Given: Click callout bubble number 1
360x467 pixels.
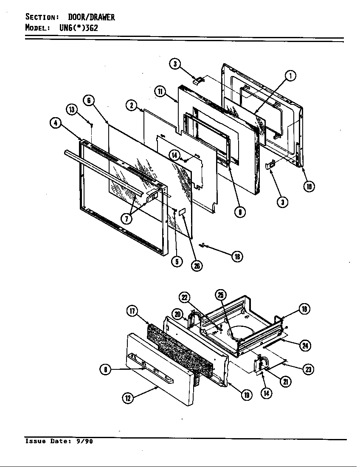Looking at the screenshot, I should point(290,76).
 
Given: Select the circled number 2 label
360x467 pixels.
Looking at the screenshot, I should point(131,105).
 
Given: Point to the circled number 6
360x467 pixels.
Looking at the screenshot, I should point(88,101).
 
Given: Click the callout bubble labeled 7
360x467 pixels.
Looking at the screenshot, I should point(126,219).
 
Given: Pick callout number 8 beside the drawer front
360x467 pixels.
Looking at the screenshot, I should point(104,370).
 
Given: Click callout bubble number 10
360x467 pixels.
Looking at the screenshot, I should point(310,186).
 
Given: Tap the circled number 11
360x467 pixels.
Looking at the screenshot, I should point(160,92).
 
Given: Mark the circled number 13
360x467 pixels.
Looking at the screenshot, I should point(72,110).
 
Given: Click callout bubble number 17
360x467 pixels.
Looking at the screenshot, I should point(132,311).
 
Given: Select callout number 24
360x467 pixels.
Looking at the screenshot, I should point(304,346).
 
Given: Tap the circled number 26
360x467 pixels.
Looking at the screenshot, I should point(197,265).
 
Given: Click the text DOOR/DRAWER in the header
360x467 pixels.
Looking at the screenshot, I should point(91,17).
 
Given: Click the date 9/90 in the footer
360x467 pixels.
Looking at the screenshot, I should point(84,441).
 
